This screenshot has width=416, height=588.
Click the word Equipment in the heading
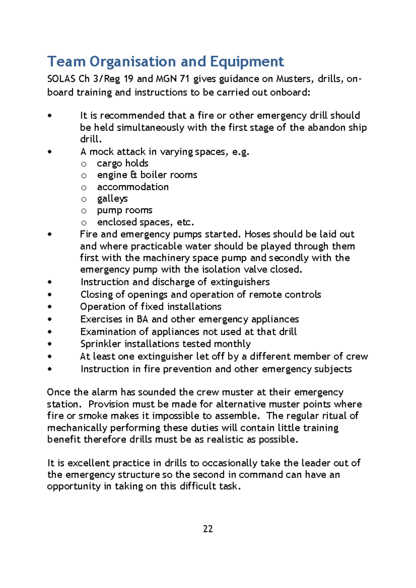[x=247, y=62]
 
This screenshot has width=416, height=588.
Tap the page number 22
[x=208, y=529]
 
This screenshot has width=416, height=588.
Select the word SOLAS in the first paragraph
[x=61, y=79]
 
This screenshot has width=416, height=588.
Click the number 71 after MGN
[x=184, y=79]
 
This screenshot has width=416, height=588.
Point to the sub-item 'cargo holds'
[x=122, y=163]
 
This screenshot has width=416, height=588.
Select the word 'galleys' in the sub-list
[x=112, y=199]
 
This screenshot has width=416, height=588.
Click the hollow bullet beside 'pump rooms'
[x=84, y=211]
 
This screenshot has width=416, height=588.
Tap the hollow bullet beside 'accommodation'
[x=84, y=187]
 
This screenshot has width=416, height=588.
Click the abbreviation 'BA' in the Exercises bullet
[x=142, y=319]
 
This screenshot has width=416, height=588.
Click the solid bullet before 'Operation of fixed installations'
[x=50, y=307]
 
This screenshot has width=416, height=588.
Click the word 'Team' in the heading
[x=67, y=62]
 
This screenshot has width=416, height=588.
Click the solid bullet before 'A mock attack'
[x=50, y=152]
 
